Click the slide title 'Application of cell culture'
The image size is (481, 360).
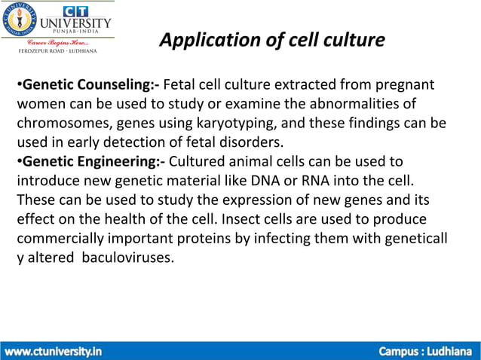coord(272,40)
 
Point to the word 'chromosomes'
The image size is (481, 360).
coord(60,123)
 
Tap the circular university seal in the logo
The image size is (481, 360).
coord(20,20)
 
